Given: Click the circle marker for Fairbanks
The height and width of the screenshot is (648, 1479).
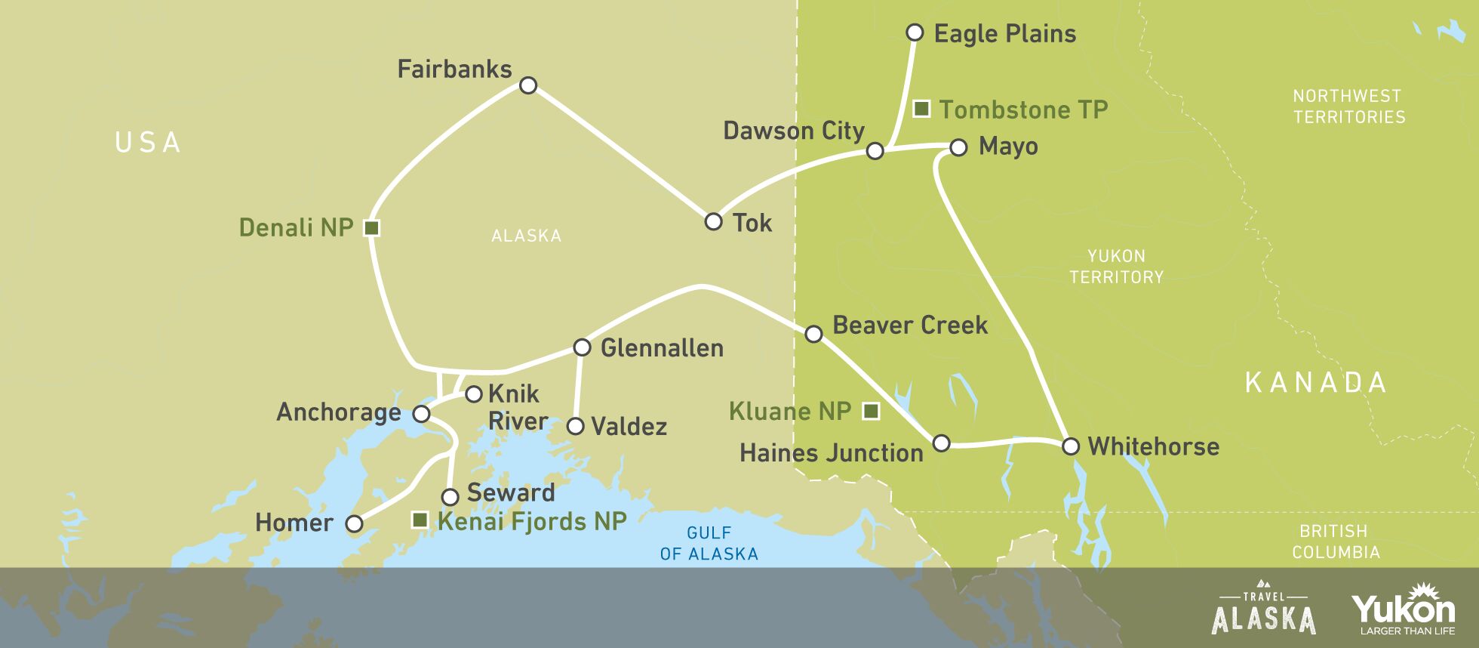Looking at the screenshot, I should click(528, 85).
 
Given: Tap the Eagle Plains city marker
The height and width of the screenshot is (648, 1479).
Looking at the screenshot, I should click(915, 32).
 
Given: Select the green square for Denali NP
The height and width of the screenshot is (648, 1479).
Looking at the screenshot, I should click(371, 227).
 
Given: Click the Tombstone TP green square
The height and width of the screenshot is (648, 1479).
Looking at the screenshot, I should click(921, 109).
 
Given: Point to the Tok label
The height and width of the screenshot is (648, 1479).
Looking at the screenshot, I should click(752, 223).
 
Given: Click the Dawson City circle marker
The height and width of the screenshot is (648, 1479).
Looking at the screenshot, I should click(875, 151).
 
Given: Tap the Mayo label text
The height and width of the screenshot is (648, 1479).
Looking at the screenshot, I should click(1008, 147).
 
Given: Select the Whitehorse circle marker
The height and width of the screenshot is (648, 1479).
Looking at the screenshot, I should click(1071, 446).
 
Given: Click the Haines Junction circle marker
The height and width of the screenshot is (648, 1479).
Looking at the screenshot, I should click(941, 443).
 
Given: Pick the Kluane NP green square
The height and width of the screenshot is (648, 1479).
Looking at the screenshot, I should click(871, 411).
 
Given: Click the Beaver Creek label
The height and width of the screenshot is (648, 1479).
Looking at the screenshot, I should click(909, 326).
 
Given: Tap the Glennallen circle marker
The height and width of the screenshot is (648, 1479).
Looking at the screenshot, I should click(582, 347).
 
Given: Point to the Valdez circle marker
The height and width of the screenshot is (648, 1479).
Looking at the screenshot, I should click(575, 427).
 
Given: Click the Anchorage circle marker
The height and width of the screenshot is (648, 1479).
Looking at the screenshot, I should click(421, 414).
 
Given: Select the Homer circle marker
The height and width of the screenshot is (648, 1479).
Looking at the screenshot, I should click(354, 523).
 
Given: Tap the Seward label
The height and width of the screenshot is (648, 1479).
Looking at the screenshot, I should click(511, 493).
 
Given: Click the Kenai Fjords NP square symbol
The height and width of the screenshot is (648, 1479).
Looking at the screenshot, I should click(420, 520).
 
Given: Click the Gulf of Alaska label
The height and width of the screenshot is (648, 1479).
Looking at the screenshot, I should click(709, 544).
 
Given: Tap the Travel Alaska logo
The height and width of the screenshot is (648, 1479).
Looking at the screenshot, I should click(1263, 608).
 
